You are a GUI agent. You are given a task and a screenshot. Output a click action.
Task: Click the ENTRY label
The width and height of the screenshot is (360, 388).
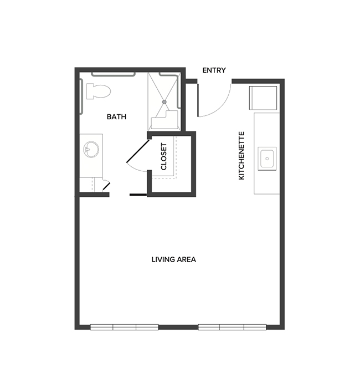(x=214, y=70)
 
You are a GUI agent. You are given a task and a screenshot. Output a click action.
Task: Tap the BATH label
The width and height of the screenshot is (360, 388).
(x=116, y=117)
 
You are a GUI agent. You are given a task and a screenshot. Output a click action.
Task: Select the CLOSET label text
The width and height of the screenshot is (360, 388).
(x=164, y=157)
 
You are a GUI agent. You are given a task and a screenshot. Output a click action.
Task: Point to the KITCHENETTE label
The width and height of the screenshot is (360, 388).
(x=241, y=156)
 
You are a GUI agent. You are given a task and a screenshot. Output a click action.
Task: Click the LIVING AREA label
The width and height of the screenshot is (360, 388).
(x=174, y=259)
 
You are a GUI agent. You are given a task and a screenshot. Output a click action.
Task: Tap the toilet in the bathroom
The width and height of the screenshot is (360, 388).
(x=98, y=90)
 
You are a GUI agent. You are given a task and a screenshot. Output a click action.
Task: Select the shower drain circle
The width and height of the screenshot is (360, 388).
(x=164, y=102)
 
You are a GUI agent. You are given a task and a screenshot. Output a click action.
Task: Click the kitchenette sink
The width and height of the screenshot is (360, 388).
(x=267, y=159)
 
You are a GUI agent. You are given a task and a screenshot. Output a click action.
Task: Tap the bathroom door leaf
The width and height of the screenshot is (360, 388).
(x=137, y=151)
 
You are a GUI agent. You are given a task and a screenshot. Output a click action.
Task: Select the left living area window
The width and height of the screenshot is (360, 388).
(x=124, y=327)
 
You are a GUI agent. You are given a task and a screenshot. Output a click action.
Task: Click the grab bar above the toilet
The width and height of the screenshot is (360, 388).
(x=113, y=73)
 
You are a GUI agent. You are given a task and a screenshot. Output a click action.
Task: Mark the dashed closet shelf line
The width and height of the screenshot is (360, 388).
(x=175, y=158)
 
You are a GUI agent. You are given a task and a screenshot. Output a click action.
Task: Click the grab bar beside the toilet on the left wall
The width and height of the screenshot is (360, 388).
(x=81, y=96)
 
